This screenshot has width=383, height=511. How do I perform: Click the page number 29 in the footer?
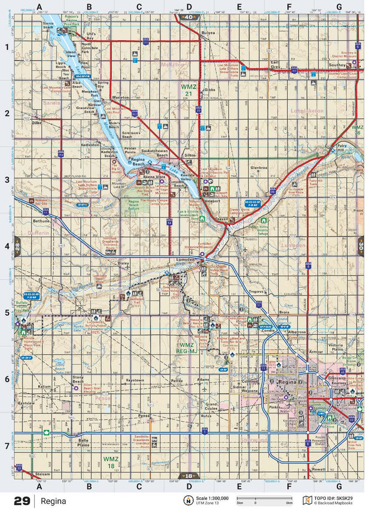pos(22,500)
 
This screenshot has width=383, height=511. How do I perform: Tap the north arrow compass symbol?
pos(189,500)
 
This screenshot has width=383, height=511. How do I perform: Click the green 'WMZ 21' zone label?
pos(189,90)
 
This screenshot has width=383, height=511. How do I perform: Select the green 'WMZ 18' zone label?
pos(111,462)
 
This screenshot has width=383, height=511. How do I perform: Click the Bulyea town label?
pos(208,34)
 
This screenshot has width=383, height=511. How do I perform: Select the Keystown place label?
pos(135,380)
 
